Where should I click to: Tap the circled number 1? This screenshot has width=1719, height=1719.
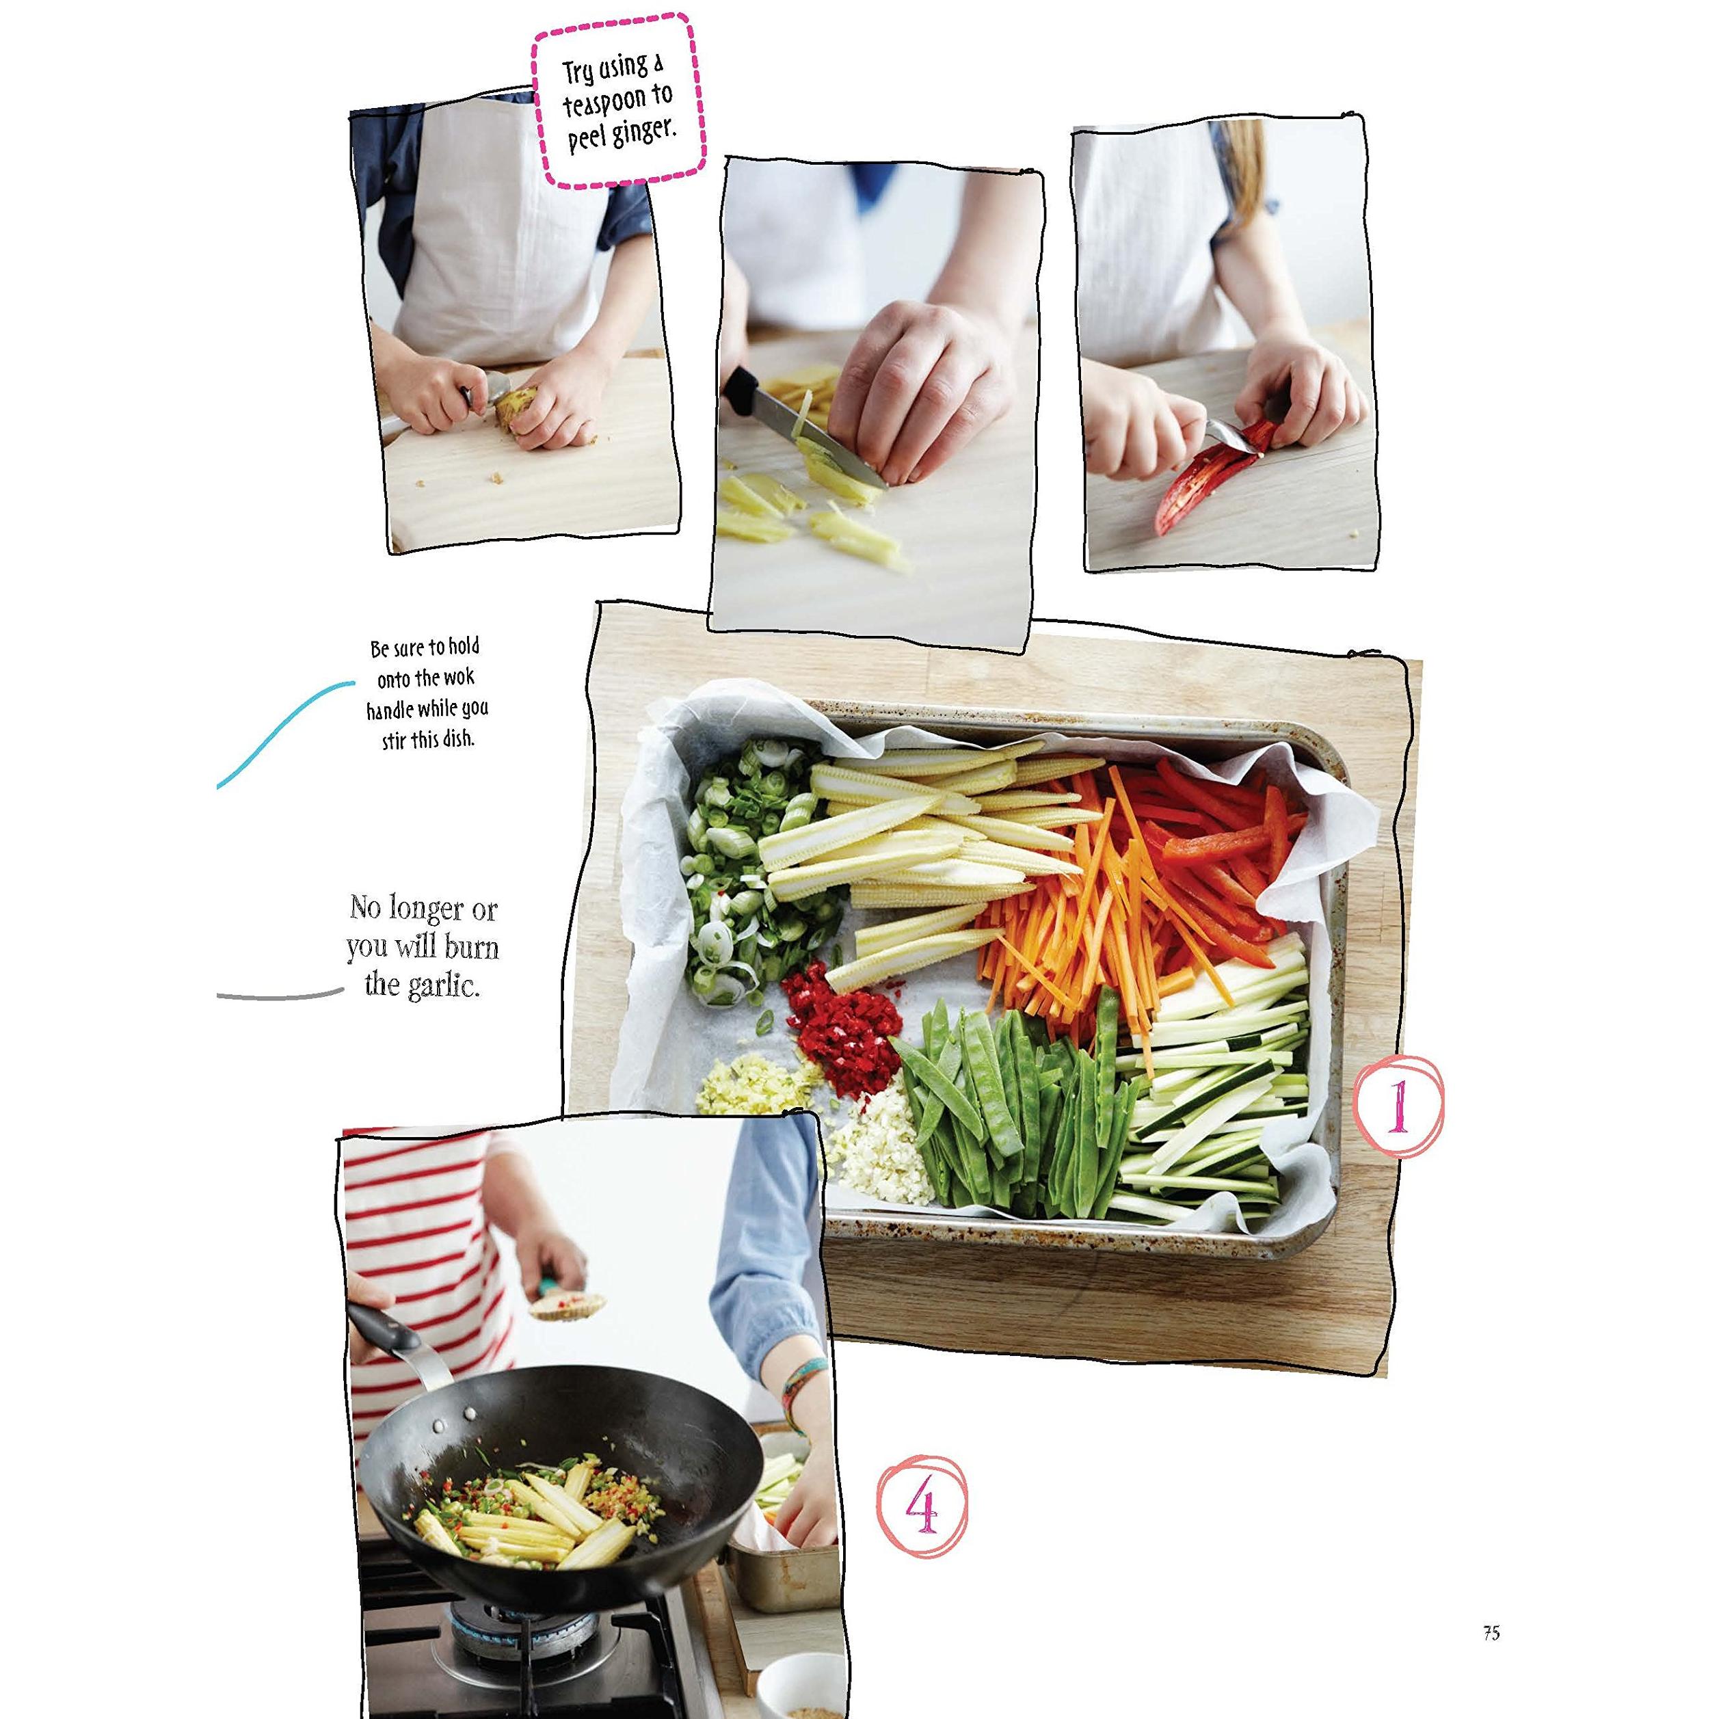1398,1106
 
